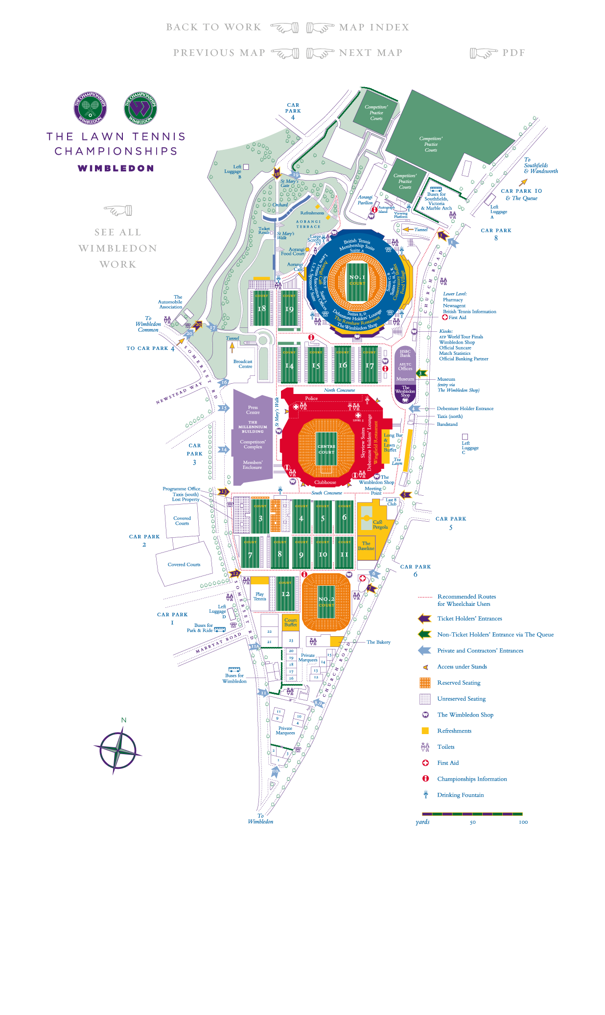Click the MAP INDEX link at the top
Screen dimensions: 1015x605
373,27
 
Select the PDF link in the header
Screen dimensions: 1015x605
513,53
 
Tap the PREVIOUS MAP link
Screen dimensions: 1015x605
219,53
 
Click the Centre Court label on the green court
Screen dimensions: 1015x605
326,449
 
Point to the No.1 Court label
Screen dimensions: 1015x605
357,279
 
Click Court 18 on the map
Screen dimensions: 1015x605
261,308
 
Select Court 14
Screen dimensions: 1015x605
289,366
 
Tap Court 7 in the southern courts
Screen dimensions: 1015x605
250,555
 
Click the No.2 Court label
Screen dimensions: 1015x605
326,601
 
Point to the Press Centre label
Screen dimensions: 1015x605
253,410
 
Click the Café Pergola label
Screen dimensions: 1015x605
380,525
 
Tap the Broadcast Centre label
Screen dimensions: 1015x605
243,364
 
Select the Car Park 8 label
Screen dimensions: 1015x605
496,234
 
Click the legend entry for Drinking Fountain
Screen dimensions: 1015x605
460,795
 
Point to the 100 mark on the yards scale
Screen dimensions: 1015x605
523,822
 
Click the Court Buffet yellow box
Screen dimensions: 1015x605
291,622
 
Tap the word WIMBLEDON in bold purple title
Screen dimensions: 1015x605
116,168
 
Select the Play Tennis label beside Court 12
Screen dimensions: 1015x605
259,596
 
